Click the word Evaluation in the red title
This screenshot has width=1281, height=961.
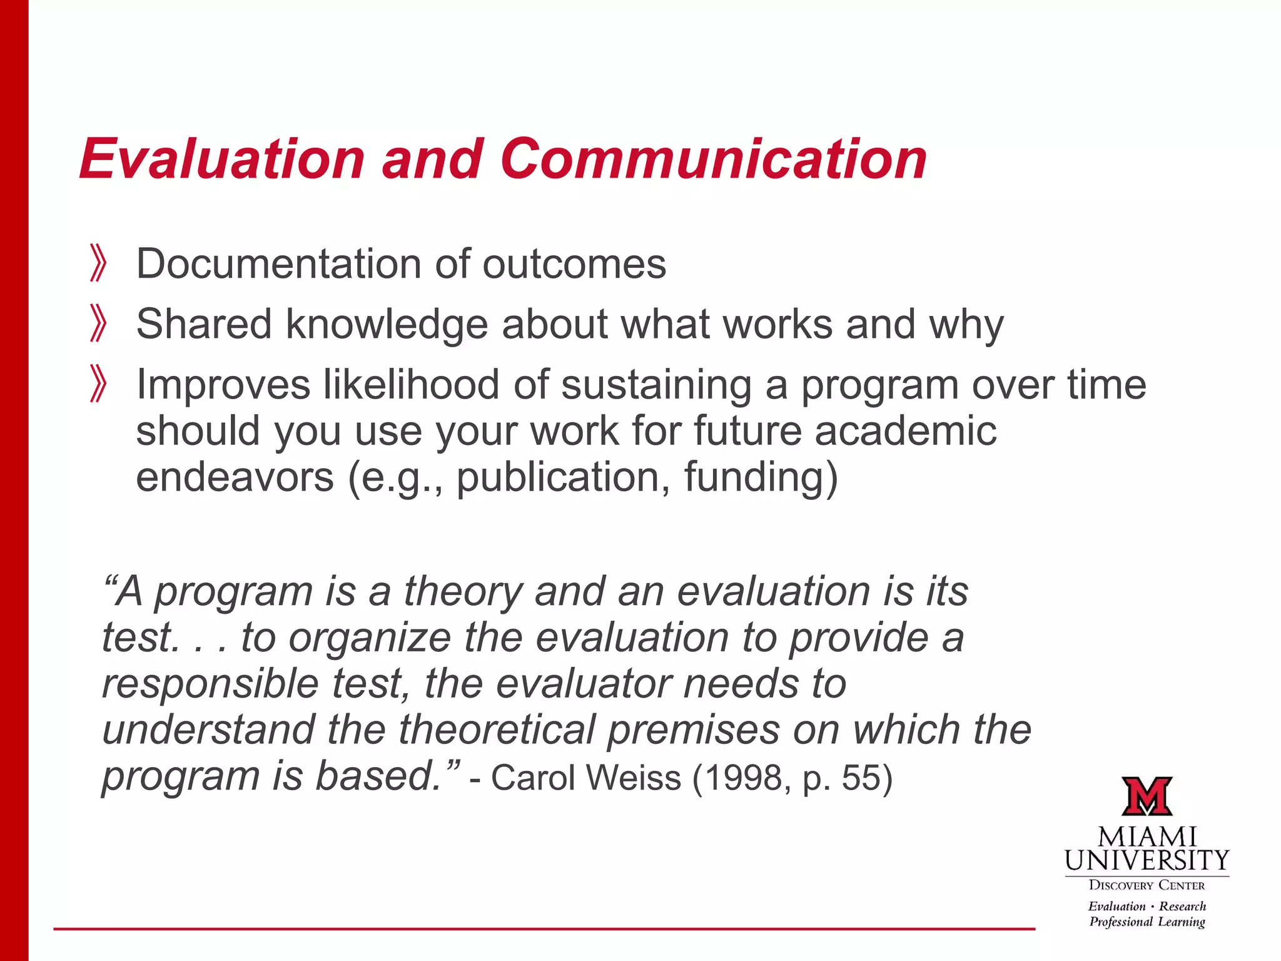[x=222, y=160]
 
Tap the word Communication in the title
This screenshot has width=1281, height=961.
[x=713, y=160]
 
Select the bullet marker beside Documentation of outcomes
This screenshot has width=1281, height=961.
[x=98, y=263]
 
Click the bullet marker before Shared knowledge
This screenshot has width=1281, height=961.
[x=98, y=323]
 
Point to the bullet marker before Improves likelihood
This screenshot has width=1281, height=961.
[x=98, y=384]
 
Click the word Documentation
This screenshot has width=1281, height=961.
[x=278, y=263]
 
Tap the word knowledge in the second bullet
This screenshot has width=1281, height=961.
[x=386, y=325]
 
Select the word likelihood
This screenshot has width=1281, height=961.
[x=411, y=384]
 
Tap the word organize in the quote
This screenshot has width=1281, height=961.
[x=370, y=638]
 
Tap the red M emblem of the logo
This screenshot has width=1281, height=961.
[x=1147, y=796]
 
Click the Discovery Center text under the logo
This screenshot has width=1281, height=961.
[x=1147, y=885]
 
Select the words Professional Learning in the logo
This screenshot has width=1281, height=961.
[x=1147, y=922]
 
